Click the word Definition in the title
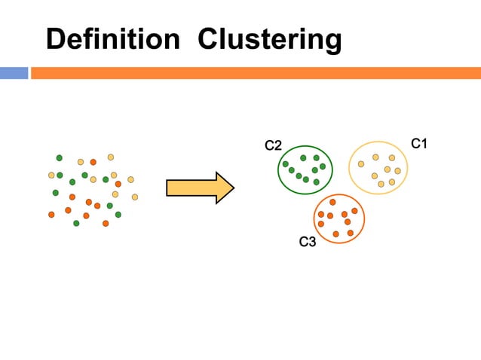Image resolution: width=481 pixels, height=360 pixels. click(112, 39)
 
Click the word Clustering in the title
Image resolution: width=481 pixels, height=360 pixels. click(269, 39)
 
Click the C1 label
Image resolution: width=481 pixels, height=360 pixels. click(419, 142)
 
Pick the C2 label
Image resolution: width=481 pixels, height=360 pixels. click(273, 145)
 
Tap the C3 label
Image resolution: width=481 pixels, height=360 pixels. click(308, 242)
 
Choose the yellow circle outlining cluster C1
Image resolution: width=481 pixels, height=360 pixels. click(349, 167)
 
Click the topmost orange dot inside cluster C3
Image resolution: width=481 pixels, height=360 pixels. click(332, 203)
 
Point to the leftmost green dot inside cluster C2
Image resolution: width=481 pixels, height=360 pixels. click(285, 164)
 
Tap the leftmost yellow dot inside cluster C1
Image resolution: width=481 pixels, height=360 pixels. click(361, 163)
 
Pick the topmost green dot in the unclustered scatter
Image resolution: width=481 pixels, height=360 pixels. click(60, 157)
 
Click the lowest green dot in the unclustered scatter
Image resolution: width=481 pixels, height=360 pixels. click(76, 223)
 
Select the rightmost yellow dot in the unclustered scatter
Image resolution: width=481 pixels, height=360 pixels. click(135, 197)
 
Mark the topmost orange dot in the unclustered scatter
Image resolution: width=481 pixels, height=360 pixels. click(93, 162)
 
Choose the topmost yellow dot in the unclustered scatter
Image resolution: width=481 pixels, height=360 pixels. click(110, 157)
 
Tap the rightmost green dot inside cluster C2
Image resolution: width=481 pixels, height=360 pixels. click(323, 166)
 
